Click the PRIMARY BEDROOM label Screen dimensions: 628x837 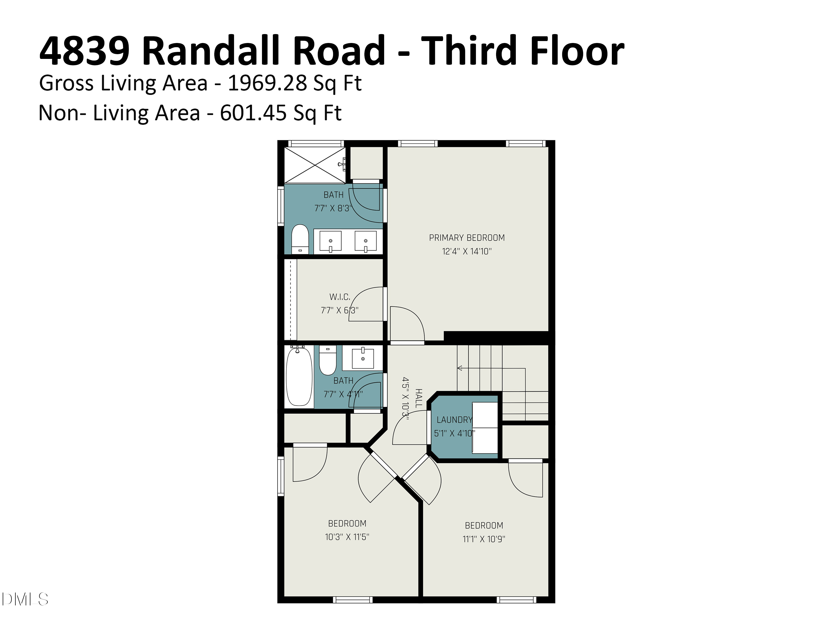tap(466, 238)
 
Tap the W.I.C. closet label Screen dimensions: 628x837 tap(340, 297)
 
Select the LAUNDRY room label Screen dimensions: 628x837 tap(454, 420)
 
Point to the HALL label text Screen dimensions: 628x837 tap(419, 398)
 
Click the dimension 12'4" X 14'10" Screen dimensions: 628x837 tap(466, 251)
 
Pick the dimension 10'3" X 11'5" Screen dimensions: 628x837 tap(347, 537)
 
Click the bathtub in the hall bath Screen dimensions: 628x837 tap(299, 377)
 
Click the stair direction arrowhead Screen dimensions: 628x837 tap(459, 368)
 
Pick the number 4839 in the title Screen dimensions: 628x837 tap(84, 50)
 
